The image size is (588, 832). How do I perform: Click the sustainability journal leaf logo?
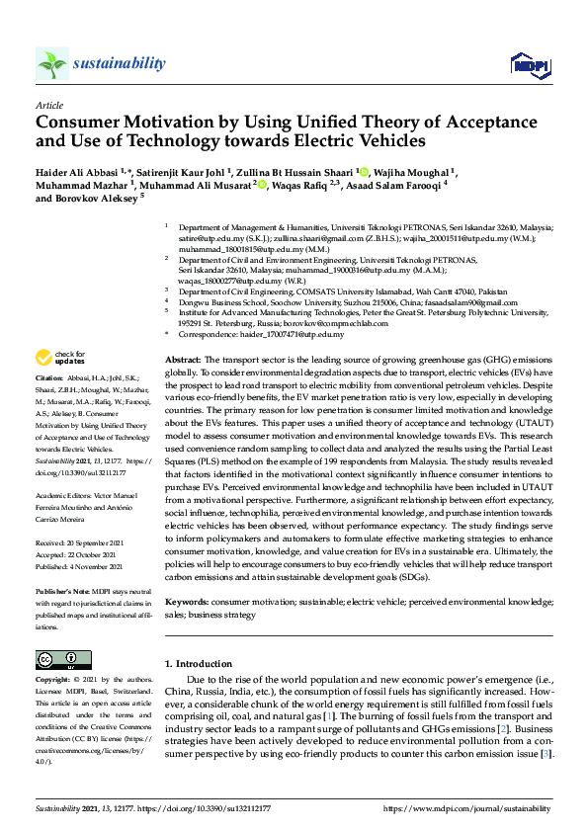(52, 64)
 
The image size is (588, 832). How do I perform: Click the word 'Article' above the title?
(48, 104)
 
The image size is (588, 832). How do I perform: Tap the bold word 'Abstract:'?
(183, 361)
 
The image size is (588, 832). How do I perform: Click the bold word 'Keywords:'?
(187, 602)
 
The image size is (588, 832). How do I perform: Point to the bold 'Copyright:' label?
(52, 681)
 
